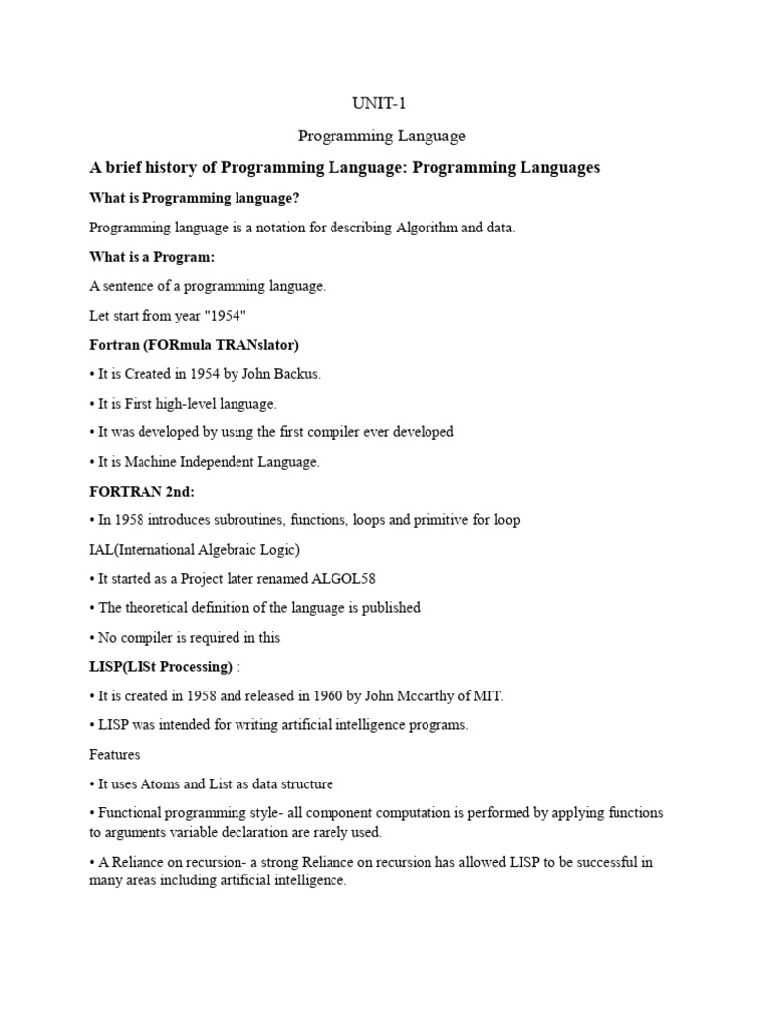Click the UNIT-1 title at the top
click(380, 103)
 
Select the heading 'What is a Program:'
click(151, 257)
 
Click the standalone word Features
click(115, 754)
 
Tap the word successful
click(600, 862)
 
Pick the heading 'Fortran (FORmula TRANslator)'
click(194, 345)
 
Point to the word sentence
click(130, 287)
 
